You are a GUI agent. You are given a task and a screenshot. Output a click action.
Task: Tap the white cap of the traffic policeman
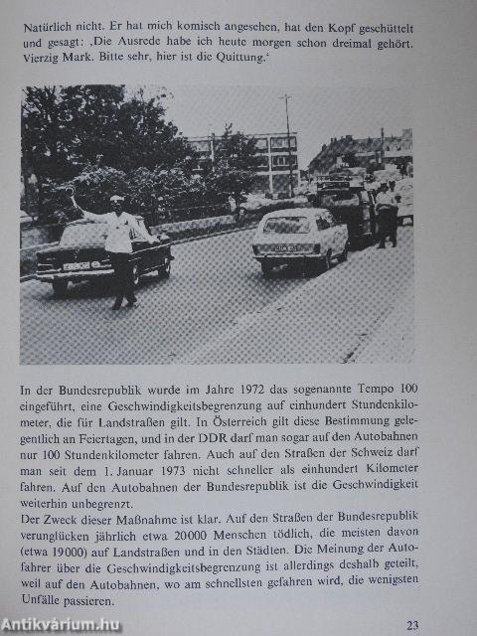pos(117,201)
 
